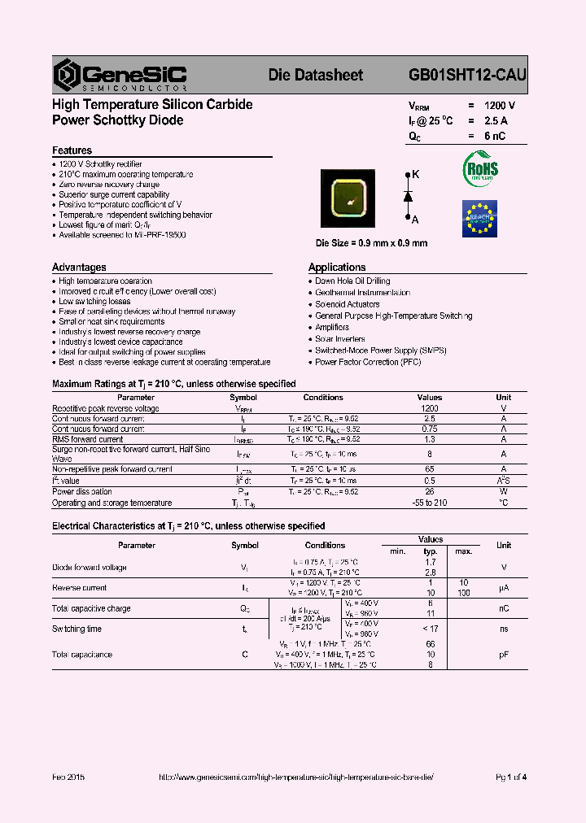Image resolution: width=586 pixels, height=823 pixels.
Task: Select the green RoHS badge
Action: click(480, 169)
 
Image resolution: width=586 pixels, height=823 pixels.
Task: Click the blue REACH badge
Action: click(479, 218)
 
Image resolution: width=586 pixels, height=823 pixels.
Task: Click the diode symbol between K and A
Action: click(408, 197)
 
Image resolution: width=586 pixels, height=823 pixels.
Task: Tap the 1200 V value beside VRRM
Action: click(499, 106)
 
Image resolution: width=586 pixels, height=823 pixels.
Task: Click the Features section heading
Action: click(72, 150)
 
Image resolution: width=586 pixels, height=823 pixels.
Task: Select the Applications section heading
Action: click(337, 267)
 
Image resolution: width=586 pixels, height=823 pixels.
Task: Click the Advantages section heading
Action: click(79, 267)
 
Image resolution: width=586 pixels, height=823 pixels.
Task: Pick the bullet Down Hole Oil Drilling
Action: click(352, 281)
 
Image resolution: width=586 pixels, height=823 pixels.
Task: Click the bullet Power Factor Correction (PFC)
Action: click(368, 362)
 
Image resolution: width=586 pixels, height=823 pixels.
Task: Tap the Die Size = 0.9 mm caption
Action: click(371, 243)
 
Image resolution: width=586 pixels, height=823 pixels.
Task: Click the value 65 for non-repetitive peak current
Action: click(430, 469)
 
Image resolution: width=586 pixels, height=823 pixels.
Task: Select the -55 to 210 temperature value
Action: click(430, 503)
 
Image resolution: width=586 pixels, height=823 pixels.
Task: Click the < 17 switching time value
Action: click(430, 629)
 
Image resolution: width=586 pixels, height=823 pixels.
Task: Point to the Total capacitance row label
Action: click(82, 655)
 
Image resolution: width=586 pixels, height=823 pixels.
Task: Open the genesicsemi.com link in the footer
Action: click(296, 777)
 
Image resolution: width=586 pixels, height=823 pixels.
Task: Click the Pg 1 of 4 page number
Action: click(511, 777)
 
